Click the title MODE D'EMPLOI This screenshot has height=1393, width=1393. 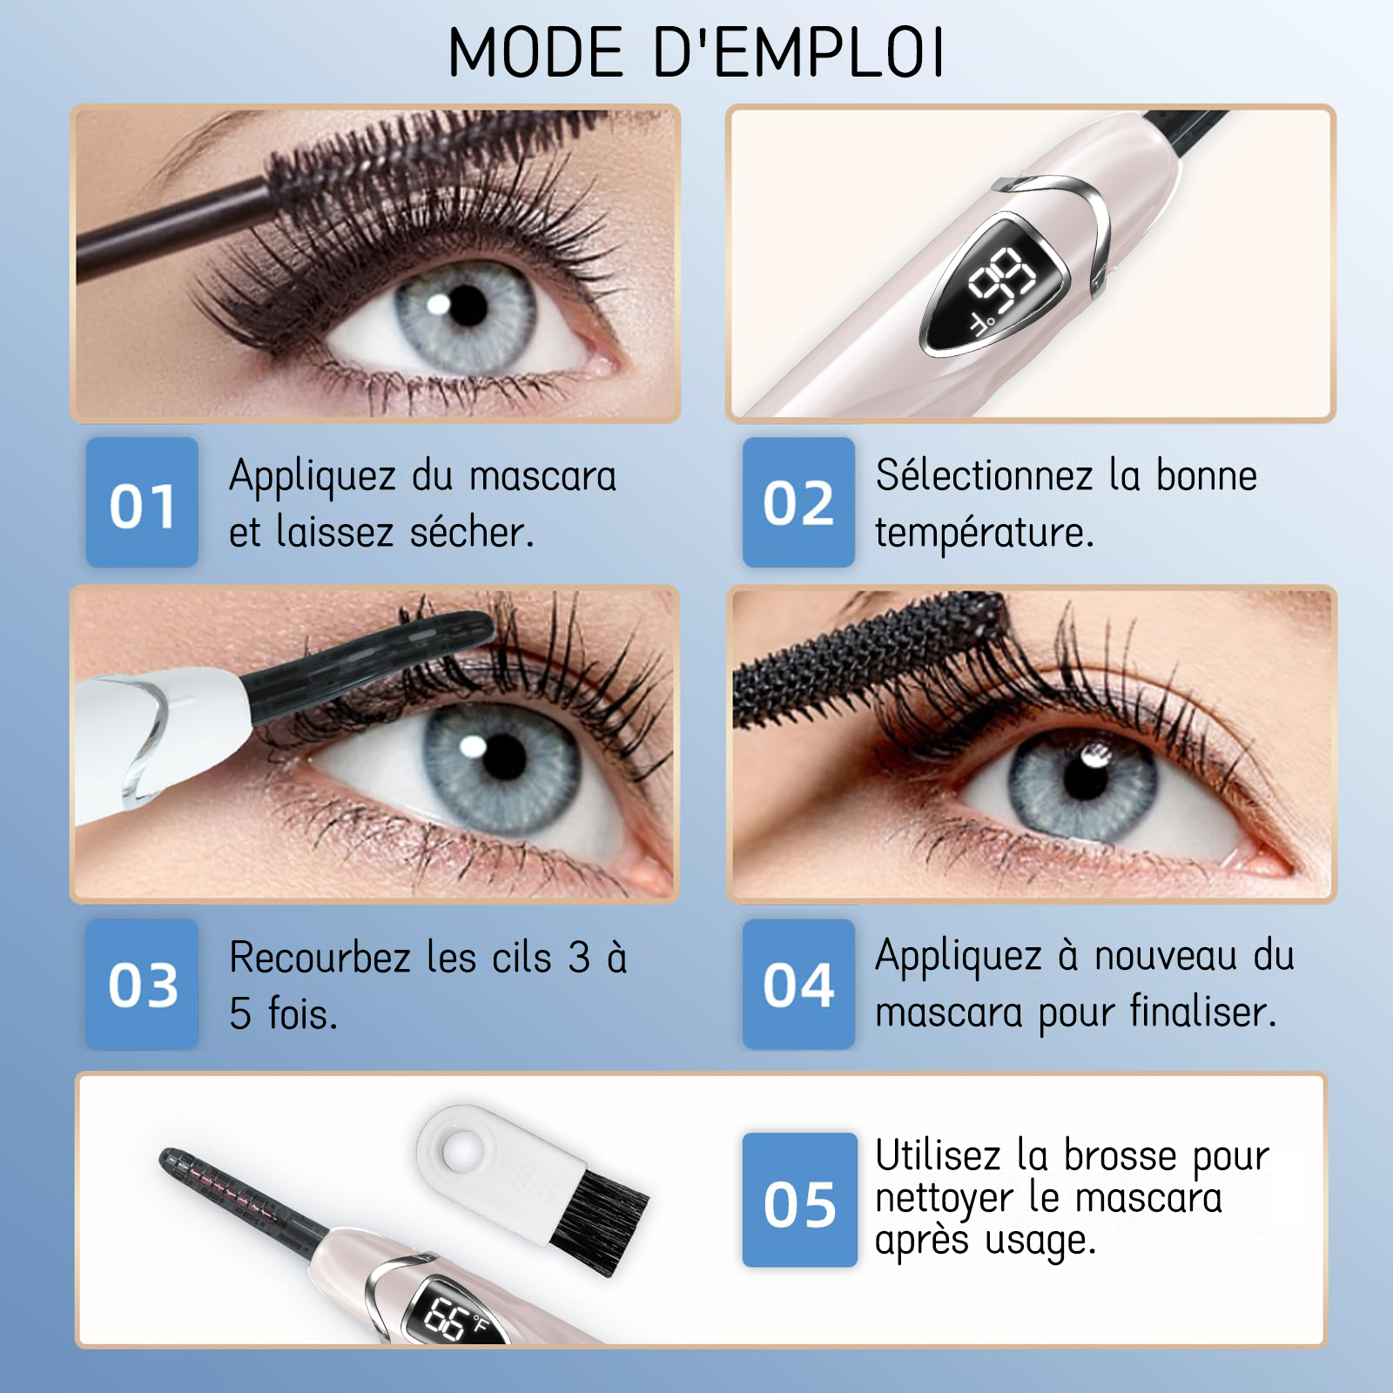coord(696,52)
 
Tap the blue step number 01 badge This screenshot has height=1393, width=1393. coord(142,502)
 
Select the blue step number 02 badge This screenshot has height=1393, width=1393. coord(798,502)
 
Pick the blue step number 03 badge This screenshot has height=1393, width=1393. coord(142,984)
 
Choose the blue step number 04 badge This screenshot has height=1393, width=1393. coord(798,984)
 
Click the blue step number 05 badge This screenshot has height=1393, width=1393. coord(799,1200)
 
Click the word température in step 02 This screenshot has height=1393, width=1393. coord(984,533)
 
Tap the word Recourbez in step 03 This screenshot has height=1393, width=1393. coord(320,958)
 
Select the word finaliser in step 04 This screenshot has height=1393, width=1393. coord(1203,1012)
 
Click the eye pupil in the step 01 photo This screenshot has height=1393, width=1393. coord(468,305)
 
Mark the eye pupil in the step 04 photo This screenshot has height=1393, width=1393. coord(1085,775)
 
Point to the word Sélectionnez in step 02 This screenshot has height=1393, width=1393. coord(984,476)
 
